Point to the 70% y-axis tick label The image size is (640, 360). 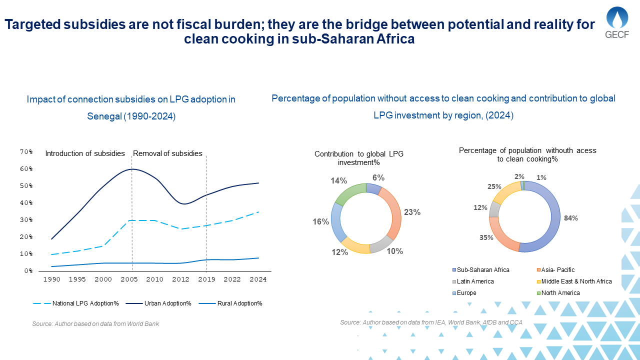[26, 151]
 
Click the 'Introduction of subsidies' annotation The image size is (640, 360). [84, 153]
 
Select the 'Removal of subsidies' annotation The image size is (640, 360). [167, 153]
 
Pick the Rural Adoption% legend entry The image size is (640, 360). [239, 303]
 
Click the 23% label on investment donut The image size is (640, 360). [412, 212]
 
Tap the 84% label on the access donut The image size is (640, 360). [571, 218]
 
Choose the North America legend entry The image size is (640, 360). [560, 293]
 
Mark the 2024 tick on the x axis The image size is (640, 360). [258, 279]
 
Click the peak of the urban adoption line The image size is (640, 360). [131, 169]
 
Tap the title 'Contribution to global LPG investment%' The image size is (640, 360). [358, 158]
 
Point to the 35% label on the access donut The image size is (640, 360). [486, 237]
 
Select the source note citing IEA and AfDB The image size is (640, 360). [431, 322]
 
